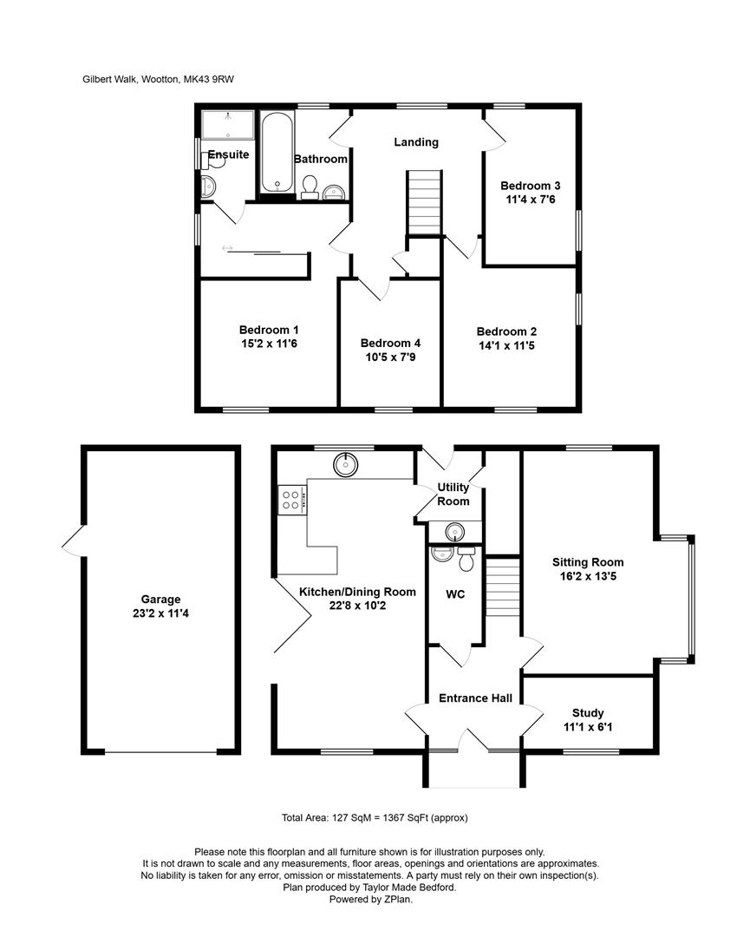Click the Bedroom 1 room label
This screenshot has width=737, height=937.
pos(269,330)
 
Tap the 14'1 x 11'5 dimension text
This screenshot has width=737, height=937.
pos(506,345)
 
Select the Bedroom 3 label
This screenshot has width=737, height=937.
pos(531,186)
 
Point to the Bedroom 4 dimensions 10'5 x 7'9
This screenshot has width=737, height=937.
pos(390,357)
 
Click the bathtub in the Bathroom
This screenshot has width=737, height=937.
pos(277,154)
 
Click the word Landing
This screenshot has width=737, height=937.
pos(416,142)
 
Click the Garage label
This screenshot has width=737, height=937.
pos(160,599)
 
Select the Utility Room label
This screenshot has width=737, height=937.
pos(453,495)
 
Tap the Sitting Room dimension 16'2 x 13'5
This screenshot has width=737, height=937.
pos(588,576)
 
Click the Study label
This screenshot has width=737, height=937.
pos(588,713)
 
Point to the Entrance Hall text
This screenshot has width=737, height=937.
pos(475,698)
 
